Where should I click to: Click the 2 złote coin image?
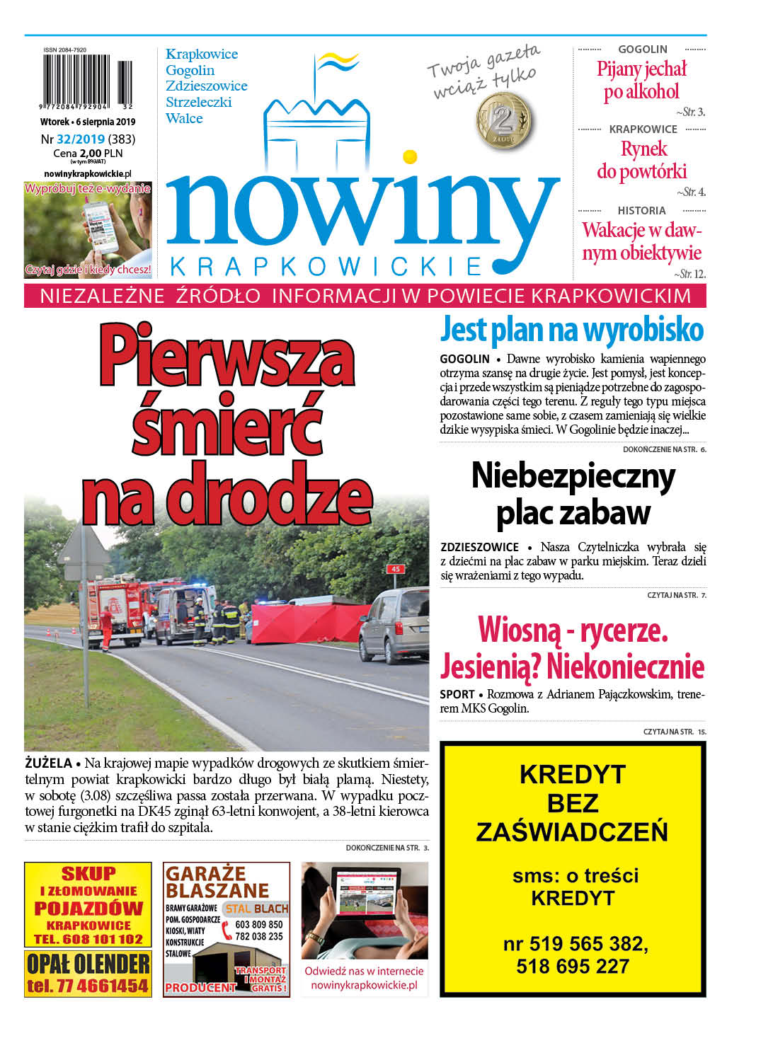tap(505, 121)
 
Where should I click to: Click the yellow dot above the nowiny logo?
tap(409, 156)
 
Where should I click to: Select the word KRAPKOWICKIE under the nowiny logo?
tap(326, 267)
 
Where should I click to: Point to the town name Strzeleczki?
tap(199, 102)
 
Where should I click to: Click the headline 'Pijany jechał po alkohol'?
tap(641, 80)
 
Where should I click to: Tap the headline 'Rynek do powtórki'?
tap(642, 160)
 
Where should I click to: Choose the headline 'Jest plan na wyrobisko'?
tap(572, 330)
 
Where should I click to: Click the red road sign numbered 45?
tap(395, 569)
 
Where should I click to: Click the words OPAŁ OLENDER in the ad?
tap(88, 963)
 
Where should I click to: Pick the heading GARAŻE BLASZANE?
tap(217, 882)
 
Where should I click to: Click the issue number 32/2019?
tap(81, 139)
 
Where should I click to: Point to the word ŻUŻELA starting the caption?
tap(48, 763)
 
